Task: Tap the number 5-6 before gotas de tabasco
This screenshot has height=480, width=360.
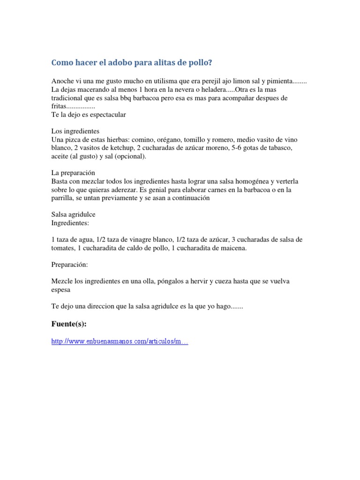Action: coord(247,149)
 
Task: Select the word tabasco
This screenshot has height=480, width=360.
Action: coord(279,149)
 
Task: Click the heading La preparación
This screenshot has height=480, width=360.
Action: coord(73,173)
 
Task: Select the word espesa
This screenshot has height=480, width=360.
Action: coord(61,290)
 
